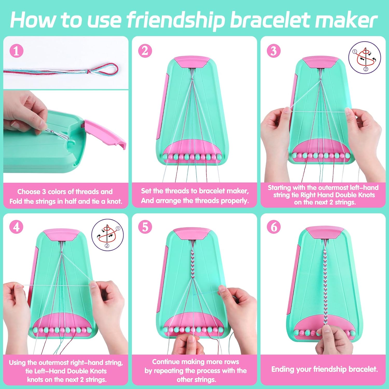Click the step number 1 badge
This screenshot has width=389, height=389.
click(16, 51)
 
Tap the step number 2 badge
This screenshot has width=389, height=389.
click(145, 51)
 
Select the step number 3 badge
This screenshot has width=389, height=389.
click(274, 51)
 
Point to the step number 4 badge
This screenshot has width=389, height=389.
click(16, 227)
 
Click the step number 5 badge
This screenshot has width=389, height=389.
click(145, 227)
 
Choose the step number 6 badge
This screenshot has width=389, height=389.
click(274, 227)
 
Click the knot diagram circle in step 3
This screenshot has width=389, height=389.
click(365, 58)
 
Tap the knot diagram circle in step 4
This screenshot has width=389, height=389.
click(107, 235)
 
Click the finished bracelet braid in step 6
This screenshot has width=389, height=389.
click(325, 285)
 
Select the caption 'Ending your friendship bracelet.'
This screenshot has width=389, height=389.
click(324, 369)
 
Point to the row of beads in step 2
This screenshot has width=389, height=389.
click(192, 157)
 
